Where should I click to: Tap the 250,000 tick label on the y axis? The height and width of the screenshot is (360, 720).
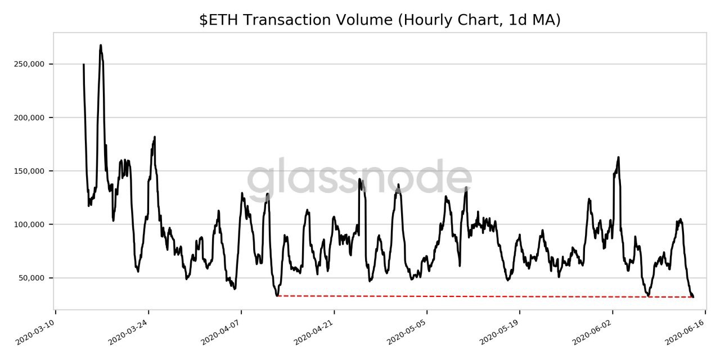point(29,64)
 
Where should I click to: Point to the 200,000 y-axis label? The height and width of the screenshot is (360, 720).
point(29,118)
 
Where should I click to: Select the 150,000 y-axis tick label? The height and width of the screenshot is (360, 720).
point(29,171)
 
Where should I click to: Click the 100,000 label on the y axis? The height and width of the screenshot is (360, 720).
point(29,224)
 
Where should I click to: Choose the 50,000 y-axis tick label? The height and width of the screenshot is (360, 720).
point(30,278)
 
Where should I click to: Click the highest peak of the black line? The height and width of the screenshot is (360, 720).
point(100,46)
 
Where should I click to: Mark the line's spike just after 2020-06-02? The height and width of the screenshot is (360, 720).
point(618,157)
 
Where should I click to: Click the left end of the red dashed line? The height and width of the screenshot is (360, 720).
point(278,295)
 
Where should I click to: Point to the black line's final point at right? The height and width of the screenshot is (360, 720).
point(693,296)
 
